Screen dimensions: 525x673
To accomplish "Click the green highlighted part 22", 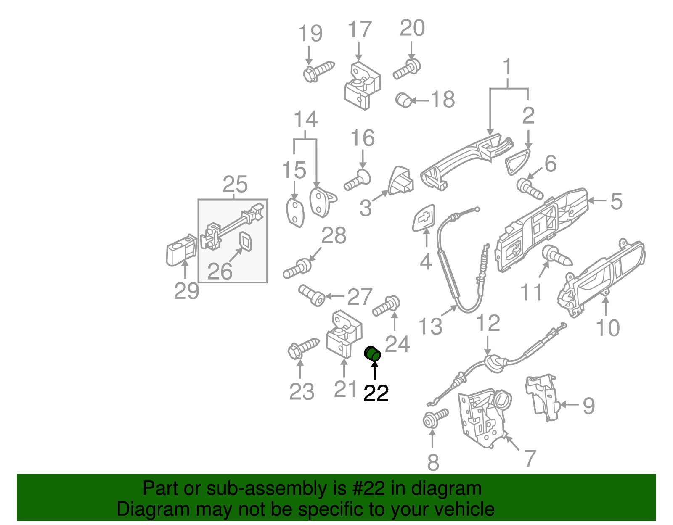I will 372,354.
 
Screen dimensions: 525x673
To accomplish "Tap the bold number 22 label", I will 376,394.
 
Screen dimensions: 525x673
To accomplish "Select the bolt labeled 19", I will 318,71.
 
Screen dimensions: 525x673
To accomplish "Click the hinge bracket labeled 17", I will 362,86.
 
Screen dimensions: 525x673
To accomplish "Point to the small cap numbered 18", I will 404,100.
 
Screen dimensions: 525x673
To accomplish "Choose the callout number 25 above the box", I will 235,185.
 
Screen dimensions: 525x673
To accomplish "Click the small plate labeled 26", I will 246,242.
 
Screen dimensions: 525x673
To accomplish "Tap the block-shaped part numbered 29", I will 181,250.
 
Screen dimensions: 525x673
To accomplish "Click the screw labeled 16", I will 358,180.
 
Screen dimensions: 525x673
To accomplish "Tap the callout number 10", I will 608,328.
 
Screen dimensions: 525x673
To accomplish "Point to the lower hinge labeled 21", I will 344,334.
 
